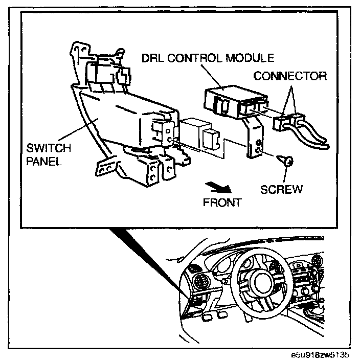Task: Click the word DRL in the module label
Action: click(152, 57)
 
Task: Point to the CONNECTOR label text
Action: click(290, 76)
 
